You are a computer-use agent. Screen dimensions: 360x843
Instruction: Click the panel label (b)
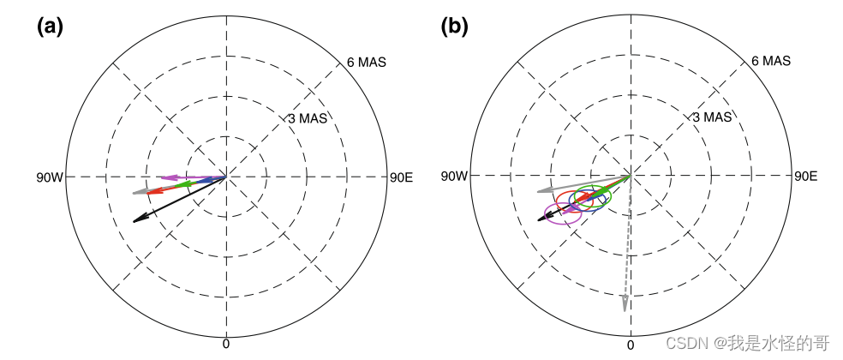pos(455,27)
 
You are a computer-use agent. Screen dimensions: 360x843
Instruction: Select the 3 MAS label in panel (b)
pos(712,117)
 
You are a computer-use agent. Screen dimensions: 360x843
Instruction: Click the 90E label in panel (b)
pos(805,177)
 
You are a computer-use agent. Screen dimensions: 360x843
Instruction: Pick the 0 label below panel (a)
pos(226,344)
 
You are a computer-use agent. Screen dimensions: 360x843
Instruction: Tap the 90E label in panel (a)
pos(401,177)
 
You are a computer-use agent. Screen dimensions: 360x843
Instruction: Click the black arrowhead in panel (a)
pos(138,219)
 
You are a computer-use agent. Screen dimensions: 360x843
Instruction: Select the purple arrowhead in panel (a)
pos(167,177)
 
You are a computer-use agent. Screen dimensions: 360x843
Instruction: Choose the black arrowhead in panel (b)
pos(541,219)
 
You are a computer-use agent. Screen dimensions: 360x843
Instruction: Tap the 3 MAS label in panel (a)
pos(308,117)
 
